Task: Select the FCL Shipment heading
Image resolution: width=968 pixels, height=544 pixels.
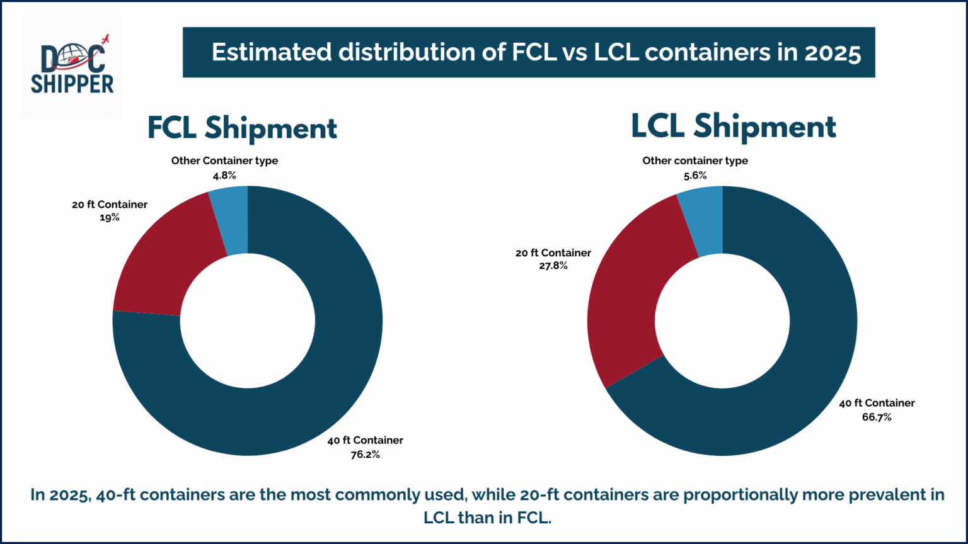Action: click(242, 128)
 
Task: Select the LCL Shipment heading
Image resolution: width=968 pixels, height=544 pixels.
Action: click(733, 127)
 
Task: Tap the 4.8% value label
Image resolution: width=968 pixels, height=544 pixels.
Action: click(224, 176)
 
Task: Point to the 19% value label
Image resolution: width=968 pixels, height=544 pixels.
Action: click(109, 218)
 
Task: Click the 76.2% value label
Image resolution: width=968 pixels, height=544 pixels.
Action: click(365, 455)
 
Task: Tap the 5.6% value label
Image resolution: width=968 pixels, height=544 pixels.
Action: click(695, 176)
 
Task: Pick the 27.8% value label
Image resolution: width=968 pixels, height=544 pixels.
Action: click(553, 266)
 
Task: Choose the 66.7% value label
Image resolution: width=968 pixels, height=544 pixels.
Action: click(876, 417)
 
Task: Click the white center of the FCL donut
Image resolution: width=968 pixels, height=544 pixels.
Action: click(247, 321)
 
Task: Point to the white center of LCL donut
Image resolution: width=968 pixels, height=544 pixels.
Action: click(722, 321)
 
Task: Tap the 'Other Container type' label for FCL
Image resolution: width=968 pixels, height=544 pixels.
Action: click(224, 161)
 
